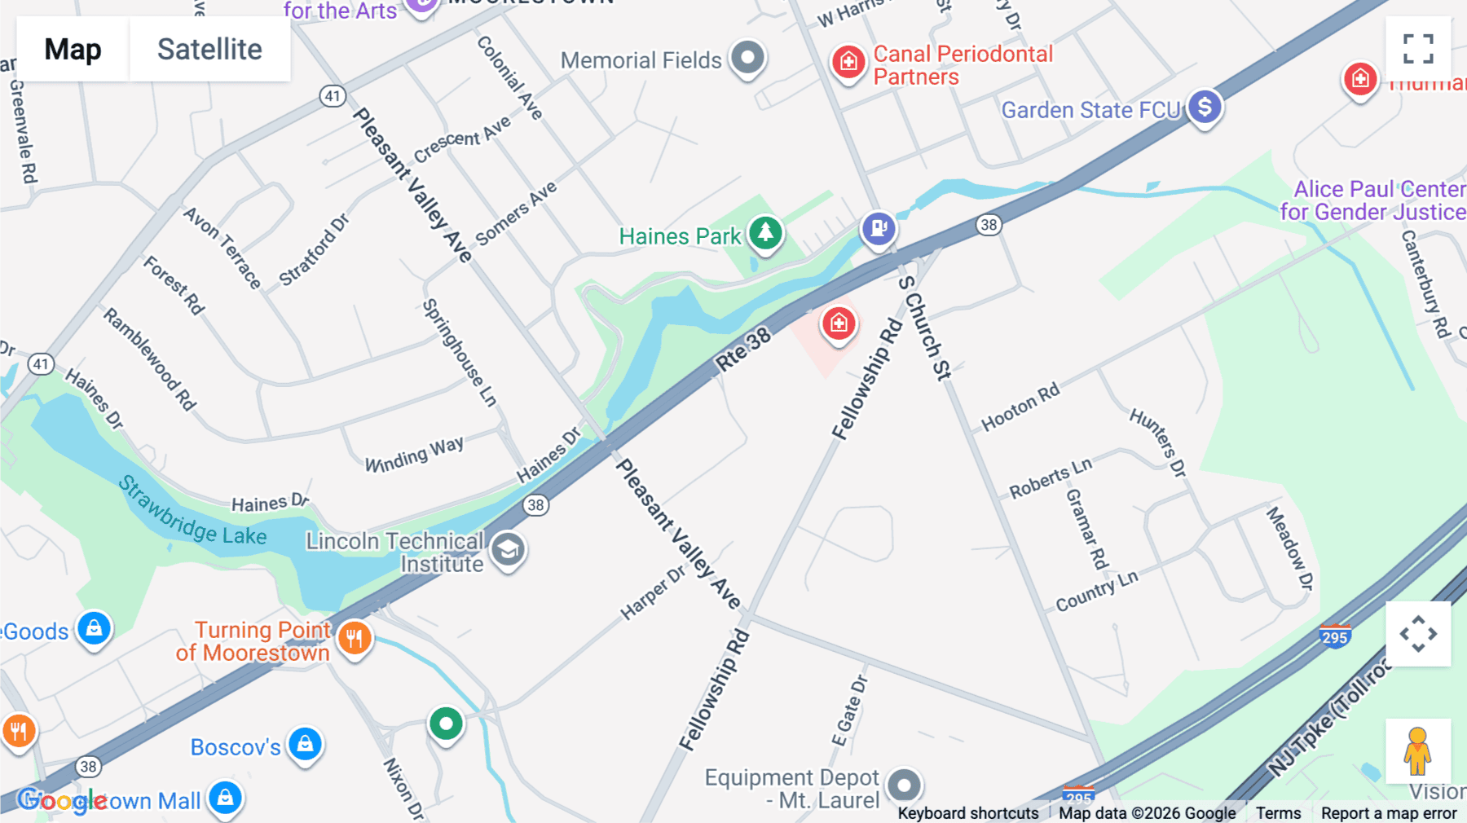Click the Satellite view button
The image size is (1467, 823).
pos(209,50)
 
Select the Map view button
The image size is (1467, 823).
pos(73,50)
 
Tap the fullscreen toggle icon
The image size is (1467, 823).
pos(1418,49)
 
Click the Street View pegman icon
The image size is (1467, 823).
pos(1417,750)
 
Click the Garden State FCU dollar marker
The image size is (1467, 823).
pos(1205,107)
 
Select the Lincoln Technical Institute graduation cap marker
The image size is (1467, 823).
pos(508,551)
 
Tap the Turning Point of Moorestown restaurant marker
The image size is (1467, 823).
pos(355,638)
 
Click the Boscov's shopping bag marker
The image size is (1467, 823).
pos(306,744)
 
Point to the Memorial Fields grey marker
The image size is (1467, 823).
pos(747,58)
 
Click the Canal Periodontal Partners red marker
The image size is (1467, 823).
pos(848,61)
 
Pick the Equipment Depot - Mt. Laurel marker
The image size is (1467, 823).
pos(904,786)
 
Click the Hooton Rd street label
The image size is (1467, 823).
pos(1020,407)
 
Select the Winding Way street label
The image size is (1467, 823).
pos(414,455)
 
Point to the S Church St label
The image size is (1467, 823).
pos(924,328)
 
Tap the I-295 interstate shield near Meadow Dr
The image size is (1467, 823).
pos(1334,636)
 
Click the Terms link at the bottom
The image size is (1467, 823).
pos(1278,812)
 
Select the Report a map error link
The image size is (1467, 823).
pos(1388,812)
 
